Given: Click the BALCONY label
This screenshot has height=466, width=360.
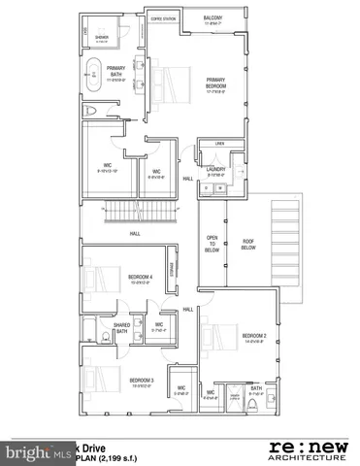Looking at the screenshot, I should tap(213, 18).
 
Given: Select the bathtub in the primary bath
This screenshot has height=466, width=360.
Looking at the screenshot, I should tap(93, 76).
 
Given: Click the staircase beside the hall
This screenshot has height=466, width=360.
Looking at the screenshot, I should tap(141, 213).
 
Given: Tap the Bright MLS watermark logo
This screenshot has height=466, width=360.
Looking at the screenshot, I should tap(30, 452).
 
